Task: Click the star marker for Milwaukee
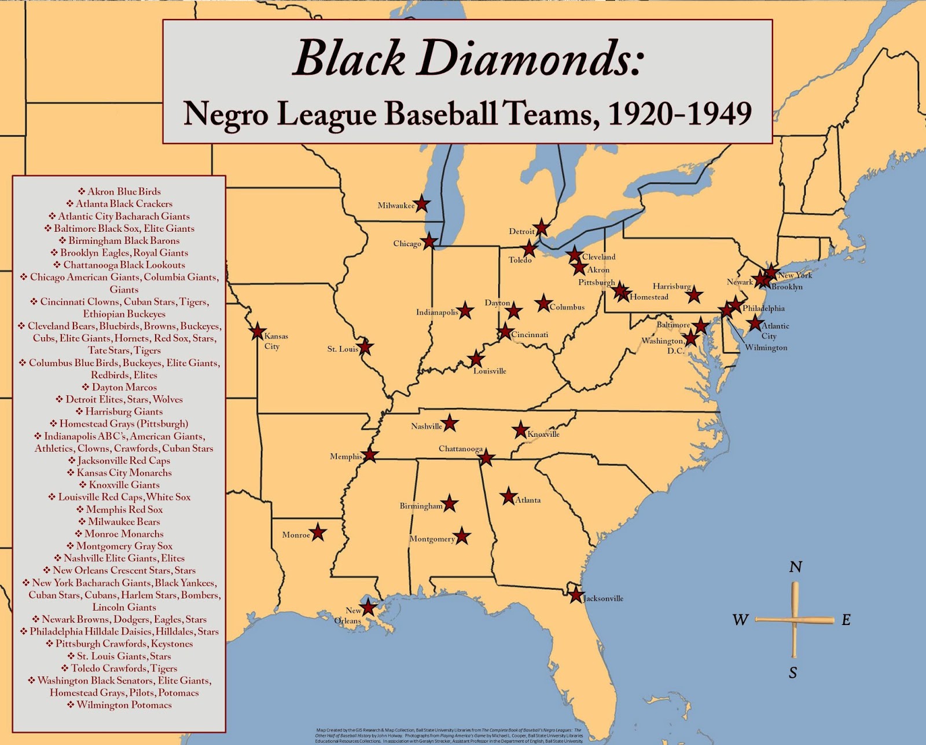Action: coord(422,204)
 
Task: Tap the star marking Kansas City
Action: coord(258,331)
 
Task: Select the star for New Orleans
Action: coord(369,608)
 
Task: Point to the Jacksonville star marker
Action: coord(575,595)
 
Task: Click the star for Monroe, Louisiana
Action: coord(318,532)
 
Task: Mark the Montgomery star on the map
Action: coord(461,536)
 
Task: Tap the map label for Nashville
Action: coord(427,426)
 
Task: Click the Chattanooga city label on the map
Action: coord(460,449)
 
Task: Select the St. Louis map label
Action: coord(343,349)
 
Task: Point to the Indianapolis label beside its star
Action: coord(437,312)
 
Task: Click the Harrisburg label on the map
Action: coord(671,286)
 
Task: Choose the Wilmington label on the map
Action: coord(766,348)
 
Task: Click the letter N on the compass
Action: coord(796,567)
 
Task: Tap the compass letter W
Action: coord(740,620)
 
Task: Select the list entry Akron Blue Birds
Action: coord(120,192)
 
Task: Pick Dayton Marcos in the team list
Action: coord(120,387)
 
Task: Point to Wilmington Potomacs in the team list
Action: coord(120,705)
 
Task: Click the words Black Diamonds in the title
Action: coord(467,60)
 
